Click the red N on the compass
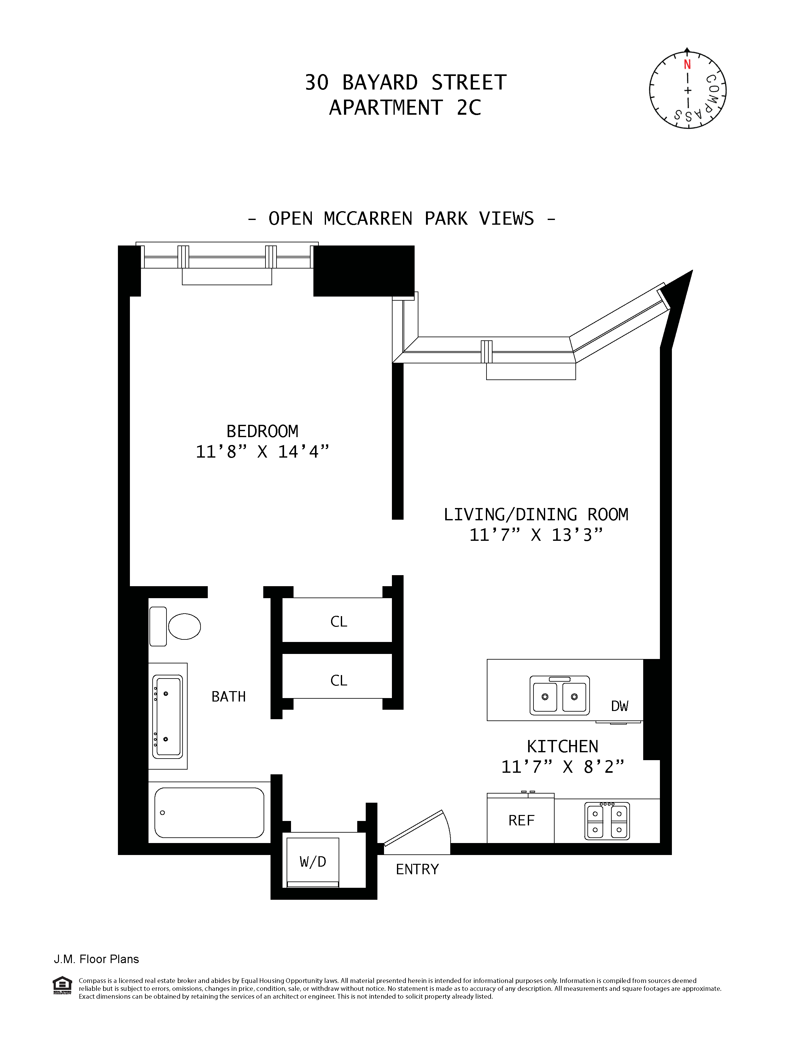pyautogui.click(x=687, y=65)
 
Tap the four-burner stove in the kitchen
pyautogui.click(x=607, y=821)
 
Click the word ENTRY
pyautogui.click(x=417, y=870)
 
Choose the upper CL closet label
pyautogui.click(x=339, y=621)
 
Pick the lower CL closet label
pyautogui.click(x=339, y=680)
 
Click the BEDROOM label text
pyautogui.click(x=262, y=431)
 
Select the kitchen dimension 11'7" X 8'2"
pyautogui.click(x=562, y=767)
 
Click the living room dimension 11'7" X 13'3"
pyautogui.click(x=536, y=535)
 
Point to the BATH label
pyautogui.click(x=229, y=697)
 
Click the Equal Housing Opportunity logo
pyautogui.click(x=62, y=985)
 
